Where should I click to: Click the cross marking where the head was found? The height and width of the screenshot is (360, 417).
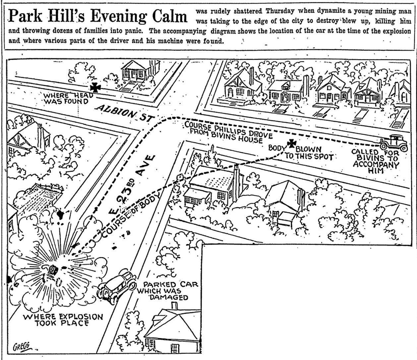tap(96, 87)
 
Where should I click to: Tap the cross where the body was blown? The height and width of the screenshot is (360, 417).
tap(292, 143)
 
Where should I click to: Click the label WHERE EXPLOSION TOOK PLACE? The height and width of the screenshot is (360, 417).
tap(63, 320)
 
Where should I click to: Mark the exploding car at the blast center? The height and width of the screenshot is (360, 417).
tap(52, 270)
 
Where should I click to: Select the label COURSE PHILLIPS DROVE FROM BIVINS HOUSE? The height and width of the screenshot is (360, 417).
tap(228, 131)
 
